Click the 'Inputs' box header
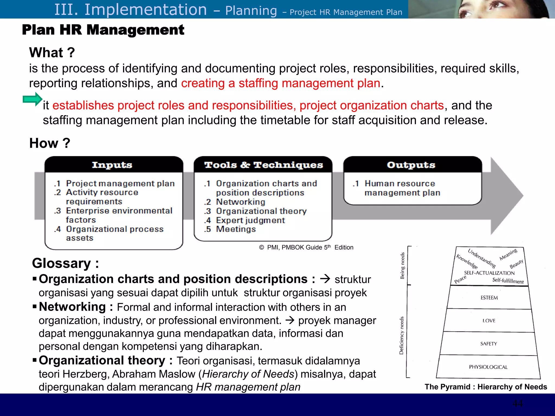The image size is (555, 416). coord(112,165)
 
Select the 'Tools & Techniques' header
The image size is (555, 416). coord(263,165)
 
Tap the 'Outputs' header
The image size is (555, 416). coord(411,165)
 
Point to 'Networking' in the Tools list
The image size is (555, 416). coord(240,202)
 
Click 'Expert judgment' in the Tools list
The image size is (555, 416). coord(250,220)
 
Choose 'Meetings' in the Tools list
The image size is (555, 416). coord(236,229)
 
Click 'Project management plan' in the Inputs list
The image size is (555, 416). coord(120,183)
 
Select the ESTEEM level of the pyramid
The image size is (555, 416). coord(489,298)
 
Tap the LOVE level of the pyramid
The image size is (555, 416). coord(489,321)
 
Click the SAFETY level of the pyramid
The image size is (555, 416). coord(489,344)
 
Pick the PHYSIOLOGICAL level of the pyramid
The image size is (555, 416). coord(488,367)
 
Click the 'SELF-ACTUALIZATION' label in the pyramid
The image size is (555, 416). coord(489,273)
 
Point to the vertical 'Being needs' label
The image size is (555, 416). coord(402,266)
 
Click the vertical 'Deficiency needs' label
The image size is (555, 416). coord(402,335)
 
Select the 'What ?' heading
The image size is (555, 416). coord(52,53)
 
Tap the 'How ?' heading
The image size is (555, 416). coord(50,143)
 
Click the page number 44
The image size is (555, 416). coord(517,404)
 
